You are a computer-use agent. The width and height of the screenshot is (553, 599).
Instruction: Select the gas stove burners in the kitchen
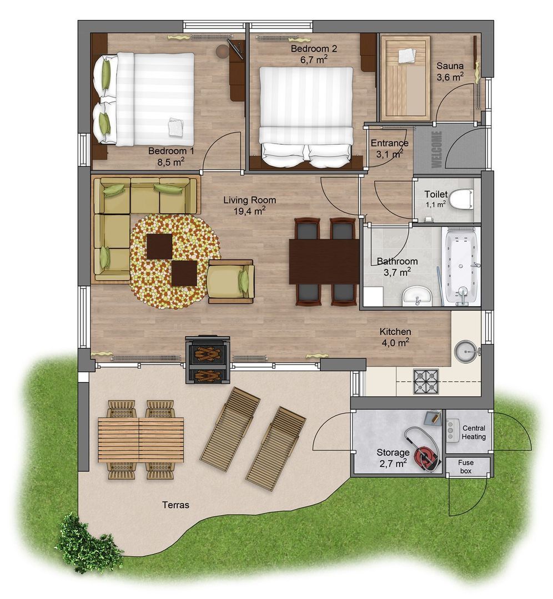pos(426,381)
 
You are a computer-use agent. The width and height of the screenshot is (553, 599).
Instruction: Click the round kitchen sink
pos(465,351)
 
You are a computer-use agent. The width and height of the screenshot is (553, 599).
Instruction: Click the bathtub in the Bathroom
pos(462,267)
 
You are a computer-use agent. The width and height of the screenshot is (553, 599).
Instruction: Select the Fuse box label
pos(466,467)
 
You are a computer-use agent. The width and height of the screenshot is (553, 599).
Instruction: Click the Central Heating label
pos(474,432)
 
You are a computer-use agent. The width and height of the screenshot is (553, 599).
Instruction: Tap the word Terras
pos(176,505)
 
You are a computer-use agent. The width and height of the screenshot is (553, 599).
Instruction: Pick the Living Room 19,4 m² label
pos(249,205)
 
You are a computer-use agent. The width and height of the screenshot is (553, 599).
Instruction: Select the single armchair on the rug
pos(232,282)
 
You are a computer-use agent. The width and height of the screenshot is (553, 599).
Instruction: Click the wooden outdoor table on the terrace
pos(140,440)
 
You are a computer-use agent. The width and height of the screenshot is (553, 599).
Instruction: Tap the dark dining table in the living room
pos(324,261)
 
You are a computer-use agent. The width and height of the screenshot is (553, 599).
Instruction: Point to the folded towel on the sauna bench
pos(406,56)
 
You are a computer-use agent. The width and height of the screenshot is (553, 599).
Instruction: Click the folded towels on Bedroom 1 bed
pos(176,126)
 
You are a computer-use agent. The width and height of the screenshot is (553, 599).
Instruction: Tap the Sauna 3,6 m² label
pos(450,72)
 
